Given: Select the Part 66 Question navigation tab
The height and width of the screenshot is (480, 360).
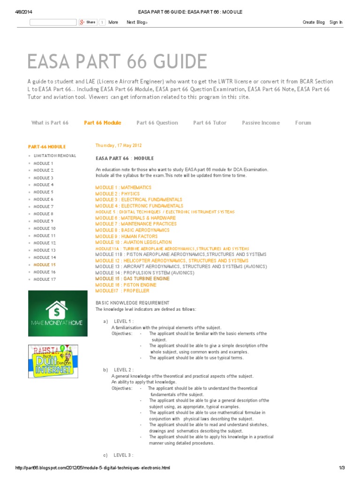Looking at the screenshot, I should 157,123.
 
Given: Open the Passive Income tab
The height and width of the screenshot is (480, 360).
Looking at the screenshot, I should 261,123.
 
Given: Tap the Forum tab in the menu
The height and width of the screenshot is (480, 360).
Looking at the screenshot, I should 303,123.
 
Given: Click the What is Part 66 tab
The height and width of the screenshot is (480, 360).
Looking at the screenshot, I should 50,123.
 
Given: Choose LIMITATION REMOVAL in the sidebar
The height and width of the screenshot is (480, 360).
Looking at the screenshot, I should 54,156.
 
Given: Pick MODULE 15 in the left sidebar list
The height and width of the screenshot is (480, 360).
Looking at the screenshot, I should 45,265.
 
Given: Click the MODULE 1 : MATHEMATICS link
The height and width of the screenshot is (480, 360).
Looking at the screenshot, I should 123,187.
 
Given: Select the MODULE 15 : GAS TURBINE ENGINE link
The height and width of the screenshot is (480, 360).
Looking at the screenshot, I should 132,279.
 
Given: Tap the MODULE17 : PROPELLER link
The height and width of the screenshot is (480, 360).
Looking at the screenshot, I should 122,291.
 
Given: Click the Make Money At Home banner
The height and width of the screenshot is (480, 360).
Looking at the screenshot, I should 58,313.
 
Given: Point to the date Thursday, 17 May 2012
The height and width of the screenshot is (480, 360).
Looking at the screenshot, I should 118,145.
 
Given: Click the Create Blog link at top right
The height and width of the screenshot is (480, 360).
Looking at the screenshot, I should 314,22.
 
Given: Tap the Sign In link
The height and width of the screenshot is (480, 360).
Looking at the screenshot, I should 336,22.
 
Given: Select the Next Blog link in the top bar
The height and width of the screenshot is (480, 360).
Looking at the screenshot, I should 137,22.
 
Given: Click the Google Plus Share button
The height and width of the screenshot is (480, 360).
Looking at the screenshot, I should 88,22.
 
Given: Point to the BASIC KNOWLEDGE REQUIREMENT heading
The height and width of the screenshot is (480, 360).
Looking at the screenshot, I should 133,303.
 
